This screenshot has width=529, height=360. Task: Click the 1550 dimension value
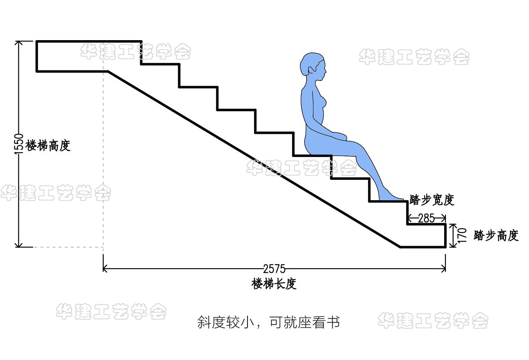tap(19, 144)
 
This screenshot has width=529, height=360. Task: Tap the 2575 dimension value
tap(274, 269)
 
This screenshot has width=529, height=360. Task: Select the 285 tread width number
tap(426, 218)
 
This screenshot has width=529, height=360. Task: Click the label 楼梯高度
tap(48, 145)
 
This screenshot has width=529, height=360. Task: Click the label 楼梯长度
tap(274, 284)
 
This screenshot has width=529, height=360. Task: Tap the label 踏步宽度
tap(432, 200)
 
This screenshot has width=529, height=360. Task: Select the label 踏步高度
tap(496, 235)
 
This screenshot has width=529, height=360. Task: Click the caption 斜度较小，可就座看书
tap(268, 322)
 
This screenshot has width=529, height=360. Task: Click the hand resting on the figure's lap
tap(339, 135)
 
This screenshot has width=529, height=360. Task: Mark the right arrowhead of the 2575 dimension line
tap(444, 269)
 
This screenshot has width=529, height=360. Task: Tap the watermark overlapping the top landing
tap(135, 52)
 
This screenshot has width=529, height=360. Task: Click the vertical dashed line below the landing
tap(103, 164)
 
